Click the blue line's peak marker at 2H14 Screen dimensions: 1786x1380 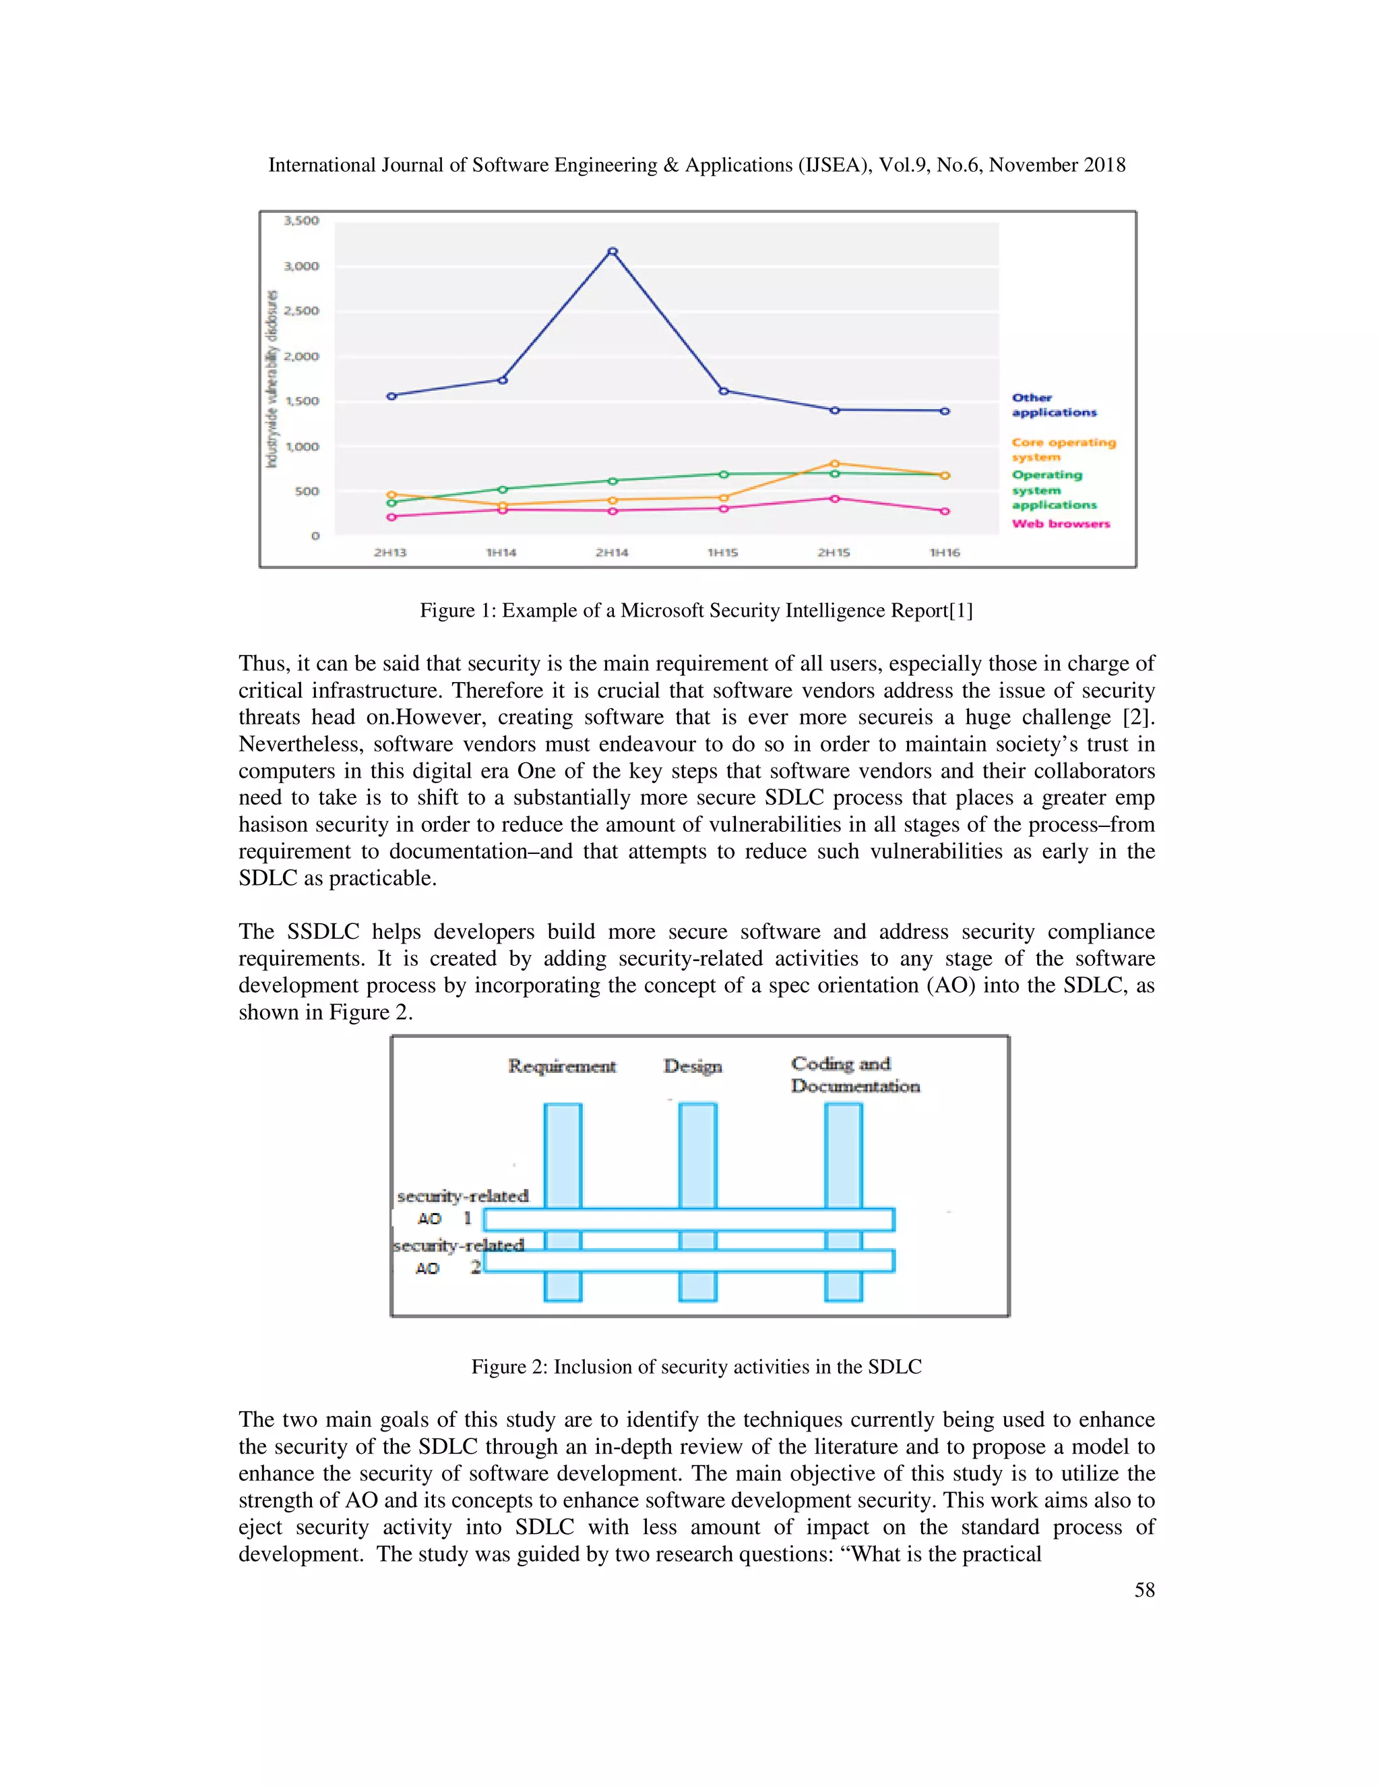point(613,252)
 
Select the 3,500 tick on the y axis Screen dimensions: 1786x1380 point(301,221)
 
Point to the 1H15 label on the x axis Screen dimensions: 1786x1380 point(723,553)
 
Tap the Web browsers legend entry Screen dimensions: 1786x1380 point(1061,524)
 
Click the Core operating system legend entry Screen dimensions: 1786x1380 point(1063,450)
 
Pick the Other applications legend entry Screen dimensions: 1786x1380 point(1054,405)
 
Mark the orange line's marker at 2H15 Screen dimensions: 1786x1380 point(834,464)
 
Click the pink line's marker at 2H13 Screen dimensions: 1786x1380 point(391,517)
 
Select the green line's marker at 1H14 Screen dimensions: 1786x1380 point(502,490)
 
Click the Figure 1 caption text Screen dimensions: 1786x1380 point(695,611)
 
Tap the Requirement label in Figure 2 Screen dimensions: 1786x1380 point(562,1066)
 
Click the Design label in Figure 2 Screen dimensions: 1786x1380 point(693,1066)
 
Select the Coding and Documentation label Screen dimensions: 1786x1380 point(854,1074)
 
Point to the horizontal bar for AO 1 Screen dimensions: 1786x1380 point(689,1219)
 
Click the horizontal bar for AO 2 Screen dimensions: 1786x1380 point(689,1261)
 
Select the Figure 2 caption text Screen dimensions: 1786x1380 point(695,1367)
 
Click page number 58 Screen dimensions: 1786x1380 point(1143,1590)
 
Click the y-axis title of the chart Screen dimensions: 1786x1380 point(272,379)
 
